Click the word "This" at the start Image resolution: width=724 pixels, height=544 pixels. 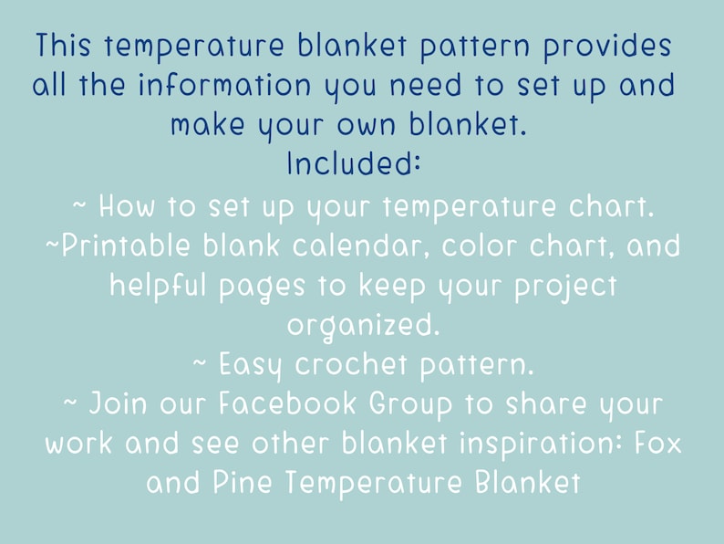65,46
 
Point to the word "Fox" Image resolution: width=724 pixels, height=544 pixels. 653,443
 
